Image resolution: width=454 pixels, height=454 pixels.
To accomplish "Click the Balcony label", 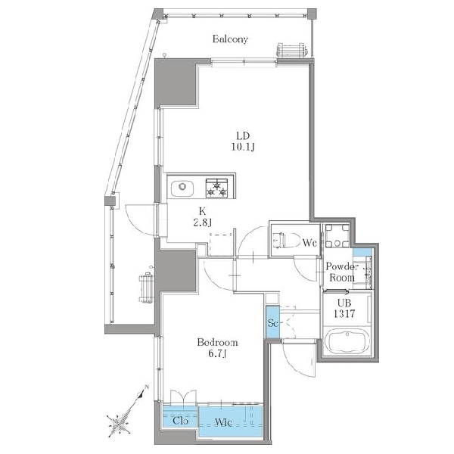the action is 230,39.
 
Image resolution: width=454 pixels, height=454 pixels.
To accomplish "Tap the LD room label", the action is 243,135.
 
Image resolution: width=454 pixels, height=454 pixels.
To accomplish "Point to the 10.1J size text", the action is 243,147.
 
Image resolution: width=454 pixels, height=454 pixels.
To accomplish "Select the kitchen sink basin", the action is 182,188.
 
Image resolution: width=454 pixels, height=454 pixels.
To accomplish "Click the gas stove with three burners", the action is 216,188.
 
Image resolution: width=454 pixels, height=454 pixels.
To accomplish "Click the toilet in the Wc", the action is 285,240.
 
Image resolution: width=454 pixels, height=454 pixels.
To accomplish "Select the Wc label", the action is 309,243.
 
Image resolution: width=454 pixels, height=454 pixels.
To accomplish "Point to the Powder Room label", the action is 342,272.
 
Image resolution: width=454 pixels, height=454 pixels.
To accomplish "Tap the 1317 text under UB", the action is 344,313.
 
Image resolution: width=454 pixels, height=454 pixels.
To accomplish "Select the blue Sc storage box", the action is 272,322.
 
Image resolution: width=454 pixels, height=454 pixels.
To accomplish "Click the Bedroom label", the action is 217,343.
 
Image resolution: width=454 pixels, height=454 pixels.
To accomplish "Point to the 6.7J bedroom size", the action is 217,354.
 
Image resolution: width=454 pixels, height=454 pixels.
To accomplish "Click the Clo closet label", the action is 180,420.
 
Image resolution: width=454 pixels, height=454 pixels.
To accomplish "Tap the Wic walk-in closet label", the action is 223,422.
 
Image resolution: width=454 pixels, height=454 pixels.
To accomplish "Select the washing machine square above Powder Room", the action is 337,235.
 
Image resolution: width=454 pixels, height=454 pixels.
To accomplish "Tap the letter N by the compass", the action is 147,387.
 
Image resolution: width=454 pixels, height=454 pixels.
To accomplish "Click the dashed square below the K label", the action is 221,244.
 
